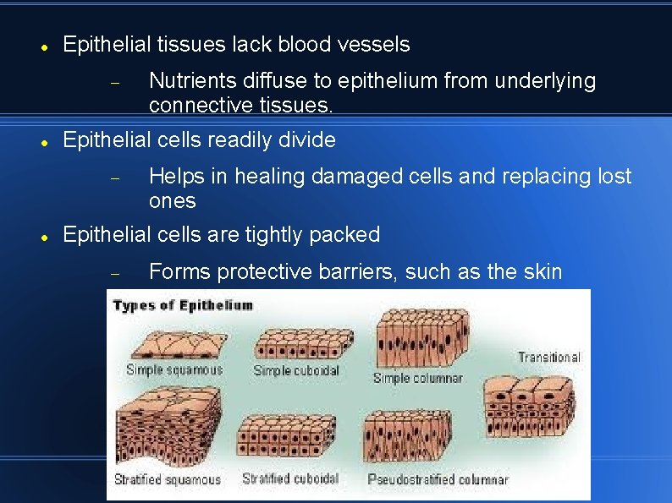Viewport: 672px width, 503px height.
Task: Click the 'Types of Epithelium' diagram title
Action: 183,305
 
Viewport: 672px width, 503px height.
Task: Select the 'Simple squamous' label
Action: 174,369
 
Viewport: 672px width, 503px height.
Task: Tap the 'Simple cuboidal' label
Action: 296,370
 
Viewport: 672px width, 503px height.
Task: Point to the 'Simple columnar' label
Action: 418,378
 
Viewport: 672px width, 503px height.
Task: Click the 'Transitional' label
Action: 549,357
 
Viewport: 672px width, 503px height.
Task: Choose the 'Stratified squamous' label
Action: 168,479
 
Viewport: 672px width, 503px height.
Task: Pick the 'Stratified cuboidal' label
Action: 290,478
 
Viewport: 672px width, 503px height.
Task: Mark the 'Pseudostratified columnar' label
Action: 438,479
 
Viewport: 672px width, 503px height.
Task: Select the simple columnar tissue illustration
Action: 421,338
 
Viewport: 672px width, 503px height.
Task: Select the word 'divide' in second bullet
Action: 307,139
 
